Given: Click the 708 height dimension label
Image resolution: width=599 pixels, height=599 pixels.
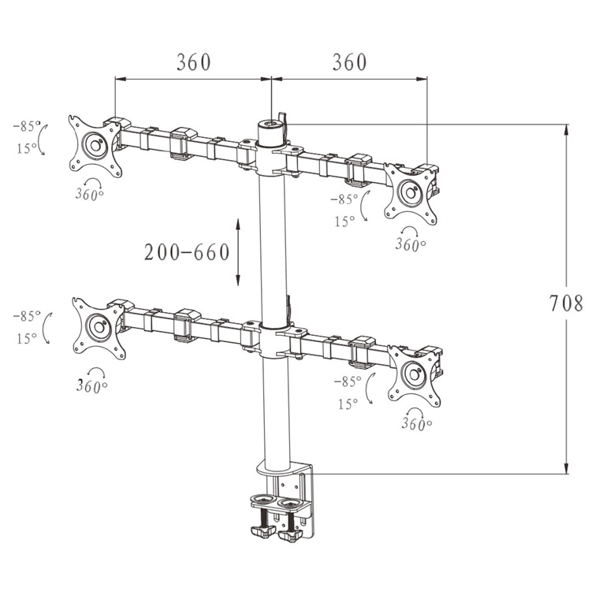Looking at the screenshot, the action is coord(566,303).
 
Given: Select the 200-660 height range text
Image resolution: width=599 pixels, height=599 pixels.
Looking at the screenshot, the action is coord(187,252).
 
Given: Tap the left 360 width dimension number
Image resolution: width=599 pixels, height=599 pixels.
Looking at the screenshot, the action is coord(193,62).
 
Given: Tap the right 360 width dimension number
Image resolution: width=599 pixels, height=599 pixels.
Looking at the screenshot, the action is coord(349,62).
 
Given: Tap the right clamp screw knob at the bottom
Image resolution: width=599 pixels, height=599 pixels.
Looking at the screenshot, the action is coord(291,534).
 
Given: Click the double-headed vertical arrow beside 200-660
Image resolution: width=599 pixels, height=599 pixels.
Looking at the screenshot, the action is coord(237,252).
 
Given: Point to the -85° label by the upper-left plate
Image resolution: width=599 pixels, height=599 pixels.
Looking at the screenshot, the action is coord(27,125).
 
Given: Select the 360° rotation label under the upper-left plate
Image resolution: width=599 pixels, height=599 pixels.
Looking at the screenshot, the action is coord(89,195).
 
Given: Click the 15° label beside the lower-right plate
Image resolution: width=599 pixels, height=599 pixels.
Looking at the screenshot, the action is coord(348,404).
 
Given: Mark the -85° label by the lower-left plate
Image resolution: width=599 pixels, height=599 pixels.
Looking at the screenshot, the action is coord(27,316).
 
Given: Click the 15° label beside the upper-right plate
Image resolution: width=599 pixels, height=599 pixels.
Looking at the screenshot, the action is coord(344,221).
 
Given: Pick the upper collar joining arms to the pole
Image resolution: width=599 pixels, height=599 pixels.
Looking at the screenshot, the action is coord(272,158).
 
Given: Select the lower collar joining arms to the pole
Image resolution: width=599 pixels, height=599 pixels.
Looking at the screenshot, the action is coord(273,340).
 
